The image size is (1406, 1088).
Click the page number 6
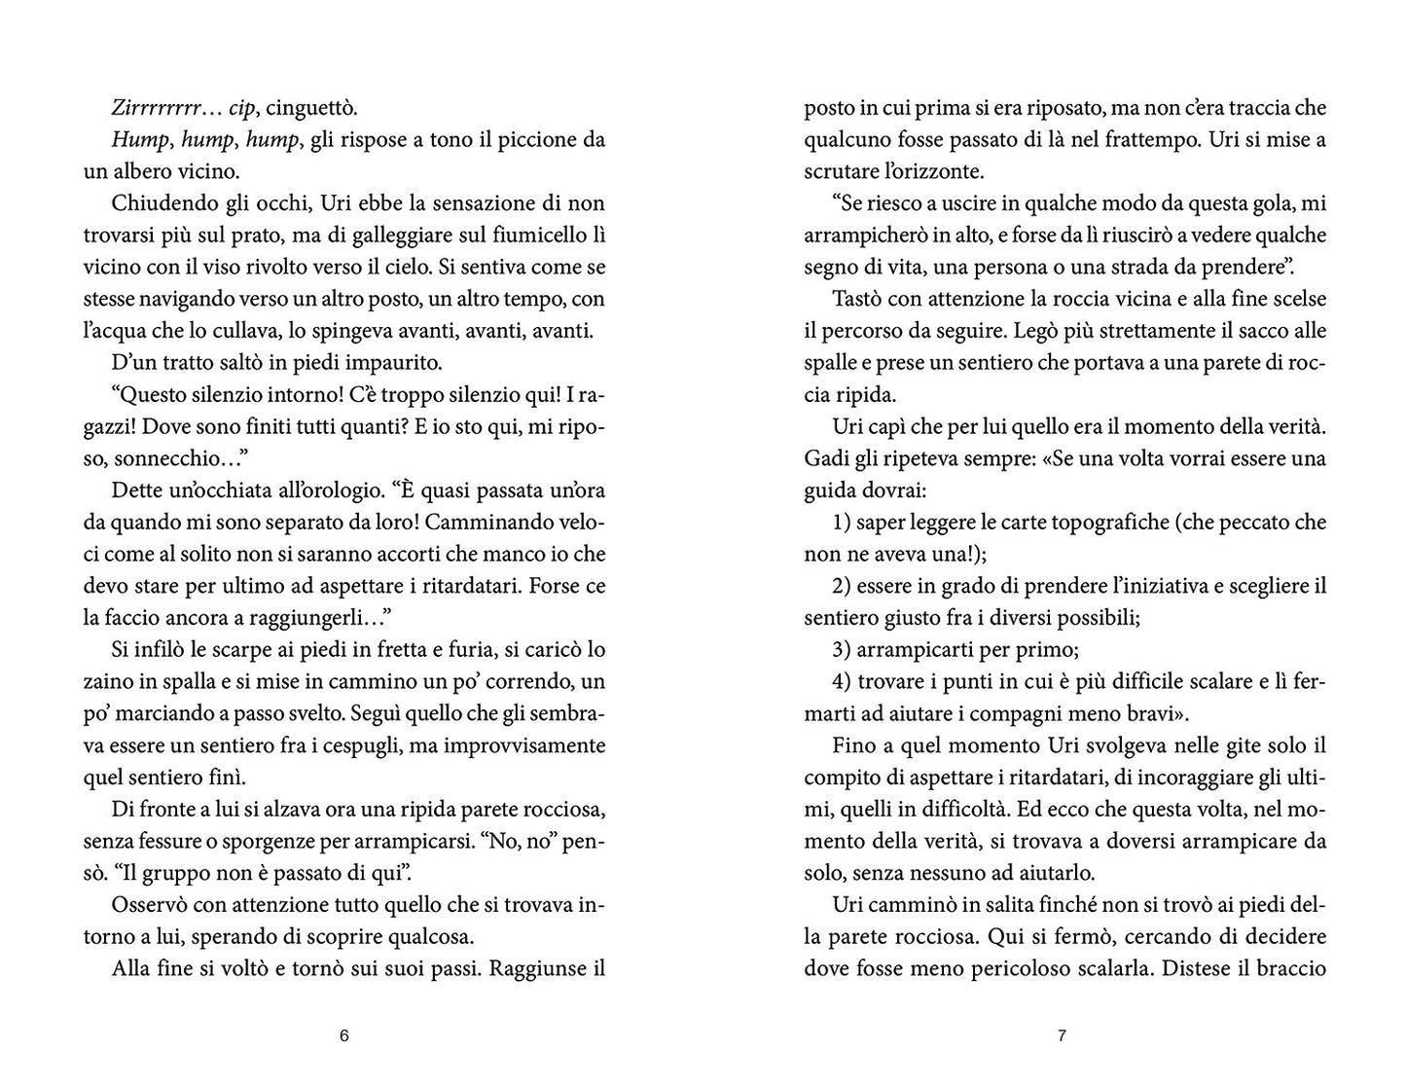coord(343,1035)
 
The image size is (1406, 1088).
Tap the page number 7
coord(1062,1035)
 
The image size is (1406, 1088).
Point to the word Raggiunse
coord(533,969)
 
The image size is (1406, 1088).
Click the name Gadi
coord(826,458)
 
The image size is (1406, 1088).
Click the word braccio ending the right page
coord(1289,969)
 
